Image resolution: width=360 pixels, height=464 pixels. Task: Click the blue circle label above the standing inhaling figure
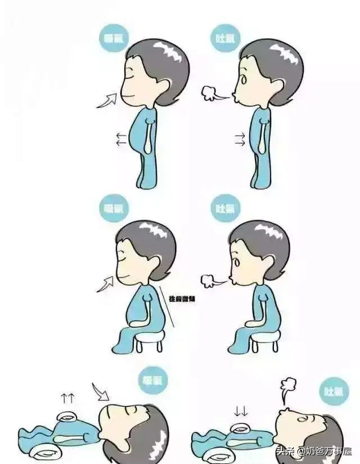tap(114, 39)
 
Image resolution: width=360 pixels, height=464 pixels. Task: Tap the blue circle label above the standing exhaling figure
tap(226, 39)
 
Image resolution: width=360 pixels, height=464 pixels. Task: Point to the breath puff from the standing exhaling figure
tap(211, 92)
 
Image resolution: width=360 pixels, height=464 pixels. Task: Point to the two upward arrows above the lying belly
tap(68, 399)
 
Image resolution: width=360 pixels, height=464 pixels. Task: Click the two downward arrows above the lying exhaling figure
tap(241, 411)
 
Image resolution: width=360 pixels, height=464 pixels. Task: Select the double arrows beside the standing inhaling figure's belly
tap(120, 139)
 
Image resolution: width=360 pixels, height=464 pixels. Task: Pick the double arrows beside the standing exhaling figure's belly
tap(240, 139)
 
